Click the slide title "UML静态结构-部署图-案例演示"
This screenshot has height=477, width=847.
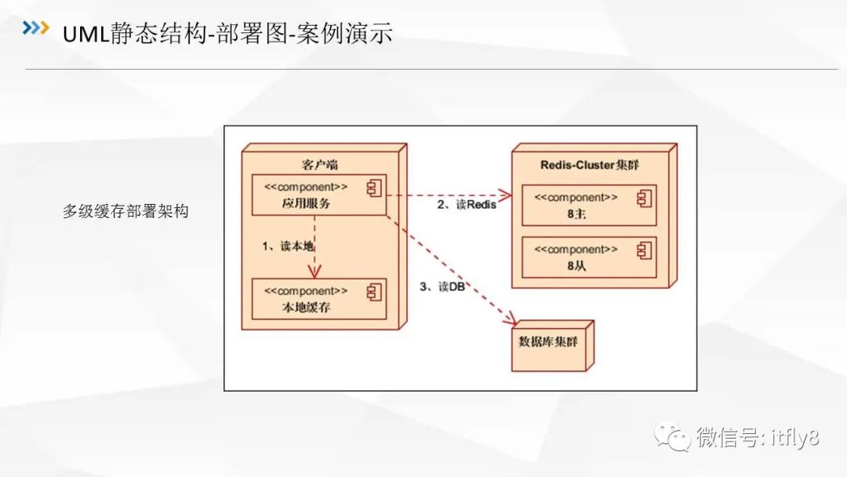pyautogui.click(x=227, y=33)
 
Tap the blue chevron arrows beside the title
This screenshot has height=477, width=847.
pyautogui.click(x=35, y=29)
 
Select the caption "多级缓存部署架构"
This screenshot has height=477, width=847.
pyautogui.click(x=125, y=211)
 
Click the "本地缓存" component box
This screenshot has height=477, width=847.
pyautogui.click(x=318, y=298)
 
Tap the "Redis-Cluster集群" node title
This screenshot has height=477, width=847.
pyautogui.click(x=592, y=165)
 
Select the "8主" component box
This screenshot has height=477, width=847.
pyautogui.click(x=588, y=206)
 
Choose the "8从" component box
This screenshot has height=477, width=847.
pyautogui.click(x=588, y=257)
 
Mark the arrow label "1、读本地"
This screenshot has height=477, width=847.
pyautogui.click(x=288, y=246)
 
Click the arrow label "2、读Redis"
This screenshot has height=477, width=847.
pyautogui.click(x=467, y=206)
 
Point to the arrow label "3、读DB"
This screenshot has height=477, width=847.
pyautogui.click(x=442, y=287)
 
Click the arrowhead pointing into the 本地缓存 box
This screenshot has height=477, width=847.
pyautogui.click(x=314, y=271)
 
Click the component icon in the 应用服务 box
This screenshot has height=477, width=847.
pyautogui.click(x=374, y=188)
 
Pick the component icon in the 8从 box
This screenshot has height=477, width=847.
pyautogui.click(x=644, y=249)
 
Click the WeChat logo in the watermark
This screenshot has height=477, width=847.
pyautogui.click(x=673, y=437)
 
